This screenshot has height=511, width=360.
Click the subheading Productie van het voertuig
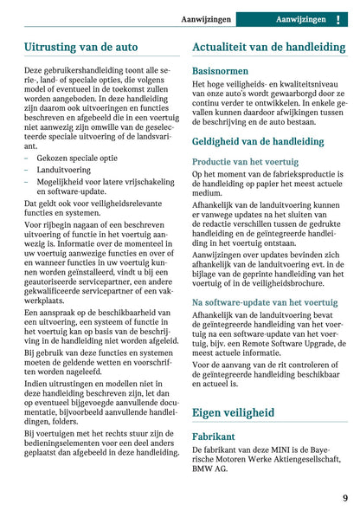pos(246,161)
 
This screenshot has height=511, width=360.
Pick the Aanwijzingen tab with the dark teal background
pos(301,19)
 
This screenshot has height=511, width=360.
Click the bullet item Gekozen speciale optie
pos(78,158)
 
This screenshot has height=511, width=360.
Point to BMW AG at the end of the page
pos(211,469)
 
